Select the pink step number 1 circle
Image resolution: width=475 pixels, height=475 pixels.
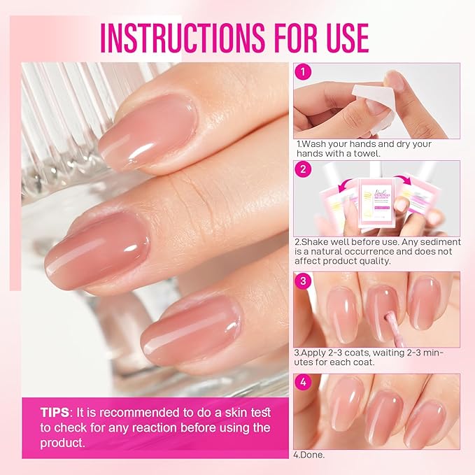click(x=303, y=72)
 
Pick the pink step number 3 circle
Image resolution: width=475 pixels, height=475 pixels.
click(x=303, y=281)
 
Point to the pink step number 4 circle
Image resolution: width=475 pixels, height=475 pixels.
click(x=303, y=383)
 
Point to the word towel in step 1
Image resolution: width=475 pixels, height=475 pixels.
click(x=367, y=153)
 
